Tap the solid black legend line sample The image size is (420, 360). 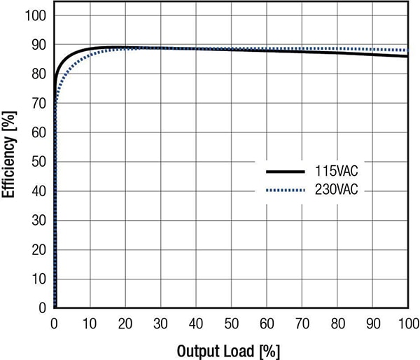pyautogui.click(x=285, y=172)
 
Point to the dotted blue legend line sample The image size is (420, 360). pyautogui.click(x=285, y=190)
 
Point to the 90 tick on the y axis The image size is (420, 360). pyautogui.click(x=39, y=45)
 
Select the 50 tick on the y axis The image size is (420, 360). pyautogui.click(x=39, y=162)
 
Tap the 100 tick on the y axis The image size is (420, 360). pyautogui.click(x=36, y=15)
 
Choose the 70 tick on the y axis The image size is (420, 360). pyautogui.click(x=39, y=104)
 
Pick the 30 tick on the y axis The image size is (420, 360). pyautogui.click(x=39, y=220)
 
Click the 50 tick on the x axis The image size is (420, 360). pyautogui.click(x=232, y=323)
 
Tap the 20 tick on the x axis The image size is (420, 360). pyautogui.click(x=125, y=323)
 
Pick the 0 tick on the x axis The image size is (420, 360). pyautogui.click(x=55, y=323)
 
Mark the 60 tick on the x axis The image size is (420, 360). pyautogui.click(x=267, y=323)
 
